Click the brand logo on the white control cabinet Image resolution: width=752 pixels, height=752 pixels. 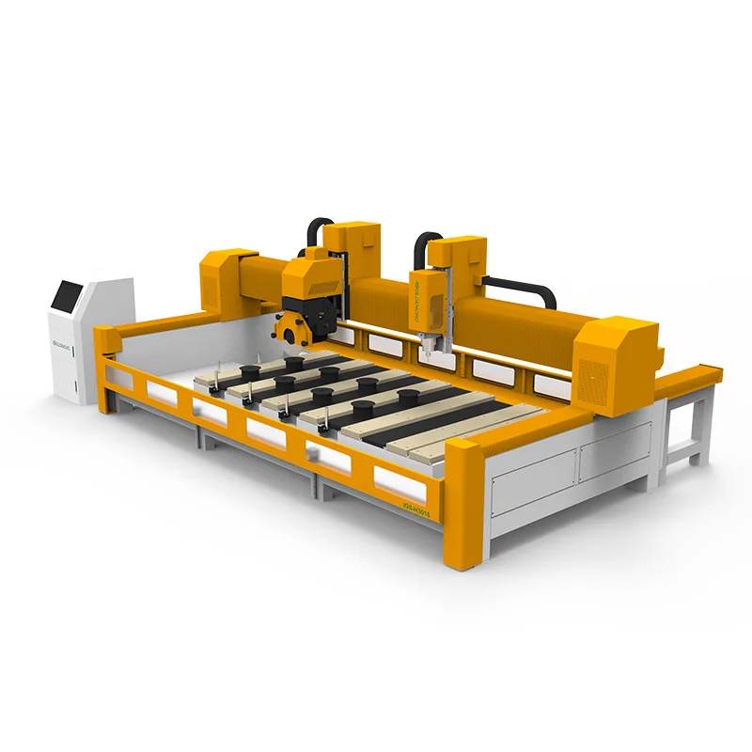click(x=64, y=331)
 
